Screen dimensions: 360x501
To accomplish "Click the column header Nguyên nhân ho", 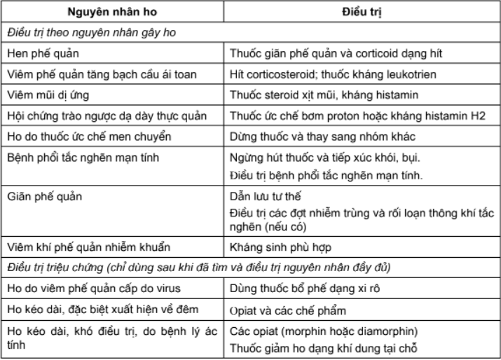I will click(112, 13).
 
